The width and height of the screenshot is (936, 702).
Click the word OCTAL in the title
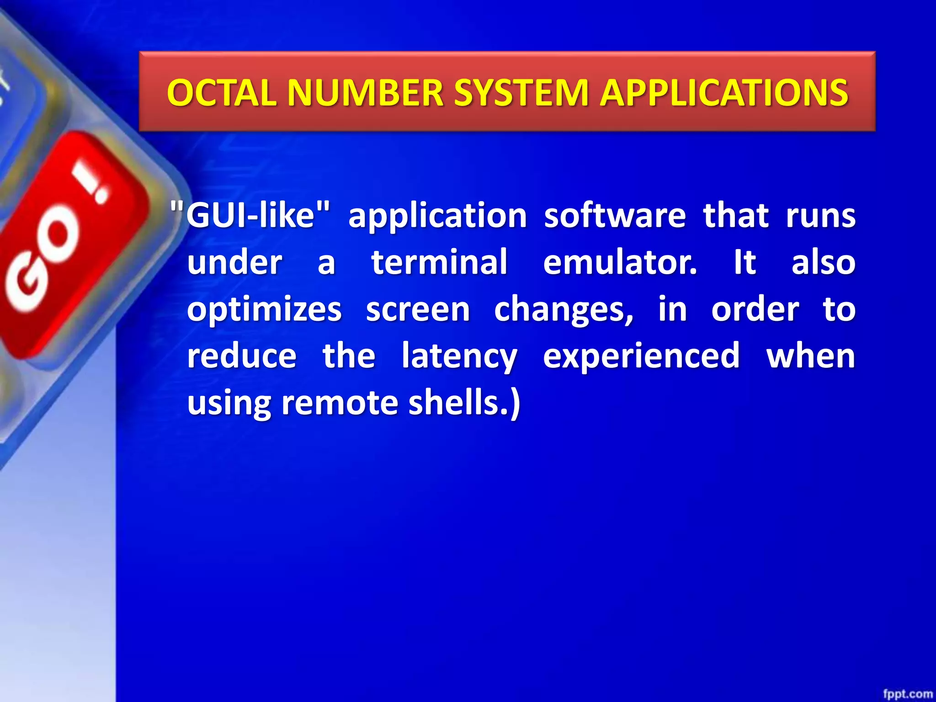point(222,93)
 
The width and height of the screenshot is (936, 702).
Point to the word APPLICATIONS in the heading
point(724,93)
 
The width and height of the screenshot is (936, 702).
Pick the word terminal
point(439,262)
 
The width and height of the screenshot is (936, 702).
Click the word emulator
point(620,262)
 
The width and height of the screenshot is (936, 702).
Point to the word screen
point(418,309)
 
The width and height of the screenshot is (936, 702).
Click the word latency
point(459,357)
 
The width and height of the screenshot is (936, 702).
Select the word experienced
point(641,357)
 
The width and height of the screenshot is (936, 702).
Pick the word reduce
point(242,356)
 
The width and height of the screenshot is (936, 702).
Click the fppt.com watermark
point(907,694)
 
